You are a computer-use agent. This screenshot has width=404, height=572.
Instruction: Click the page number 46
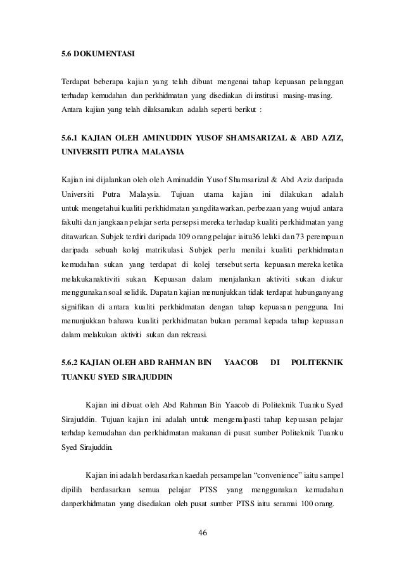pyautogui.click(x=203, y=530)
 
